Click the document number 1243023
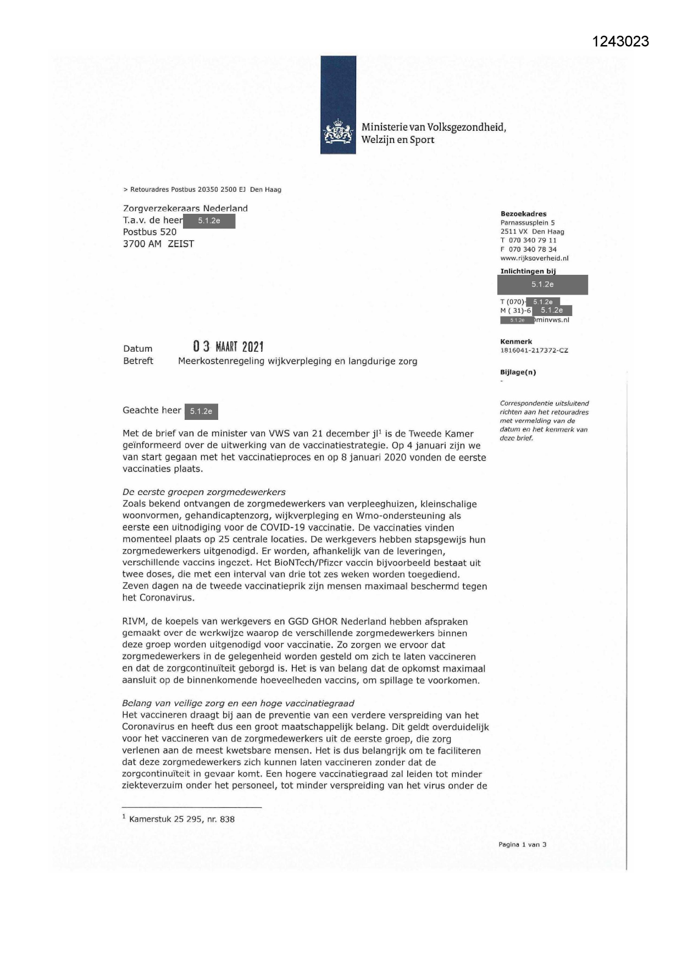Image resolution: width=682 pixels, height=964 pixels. coord(621,42)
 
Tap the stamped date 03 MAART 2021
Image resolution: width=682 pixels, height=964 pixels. coord(228,347)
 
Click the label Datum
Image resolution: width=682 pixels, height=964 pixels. coord(137,348)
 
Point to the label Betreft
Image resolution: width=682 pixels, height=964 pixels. coord(138,361)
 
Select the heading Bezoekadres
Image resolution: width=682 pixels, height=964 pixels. coord(523,214)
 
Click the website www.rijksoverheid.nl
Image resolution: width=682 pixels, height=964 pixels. coord(534,258)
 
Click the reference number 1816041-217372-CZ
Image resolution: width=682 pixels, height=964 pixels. coord(534,350)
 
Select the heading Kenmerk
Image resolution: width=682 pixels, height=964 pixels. coord(516,341)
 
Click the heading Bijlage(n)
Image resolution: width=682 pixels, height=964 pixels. coord(518,372)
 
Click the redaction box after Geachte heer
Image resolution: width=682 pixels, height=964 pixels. coord(201,411)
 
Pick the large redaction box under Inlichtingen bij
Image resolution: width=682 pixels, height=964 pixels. coord(542,285)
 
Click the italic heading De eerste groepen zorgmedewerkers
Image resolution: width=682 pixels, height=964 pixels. coord(204,492)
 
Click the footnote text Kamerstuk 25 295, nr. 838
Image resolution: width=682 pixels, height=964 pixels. coord(181,819)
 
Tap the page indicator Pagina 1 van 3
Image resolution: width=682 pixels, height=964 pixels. coord(522,844)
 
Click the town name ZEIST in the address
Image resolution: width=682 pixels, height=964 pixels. coord(181,244)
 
